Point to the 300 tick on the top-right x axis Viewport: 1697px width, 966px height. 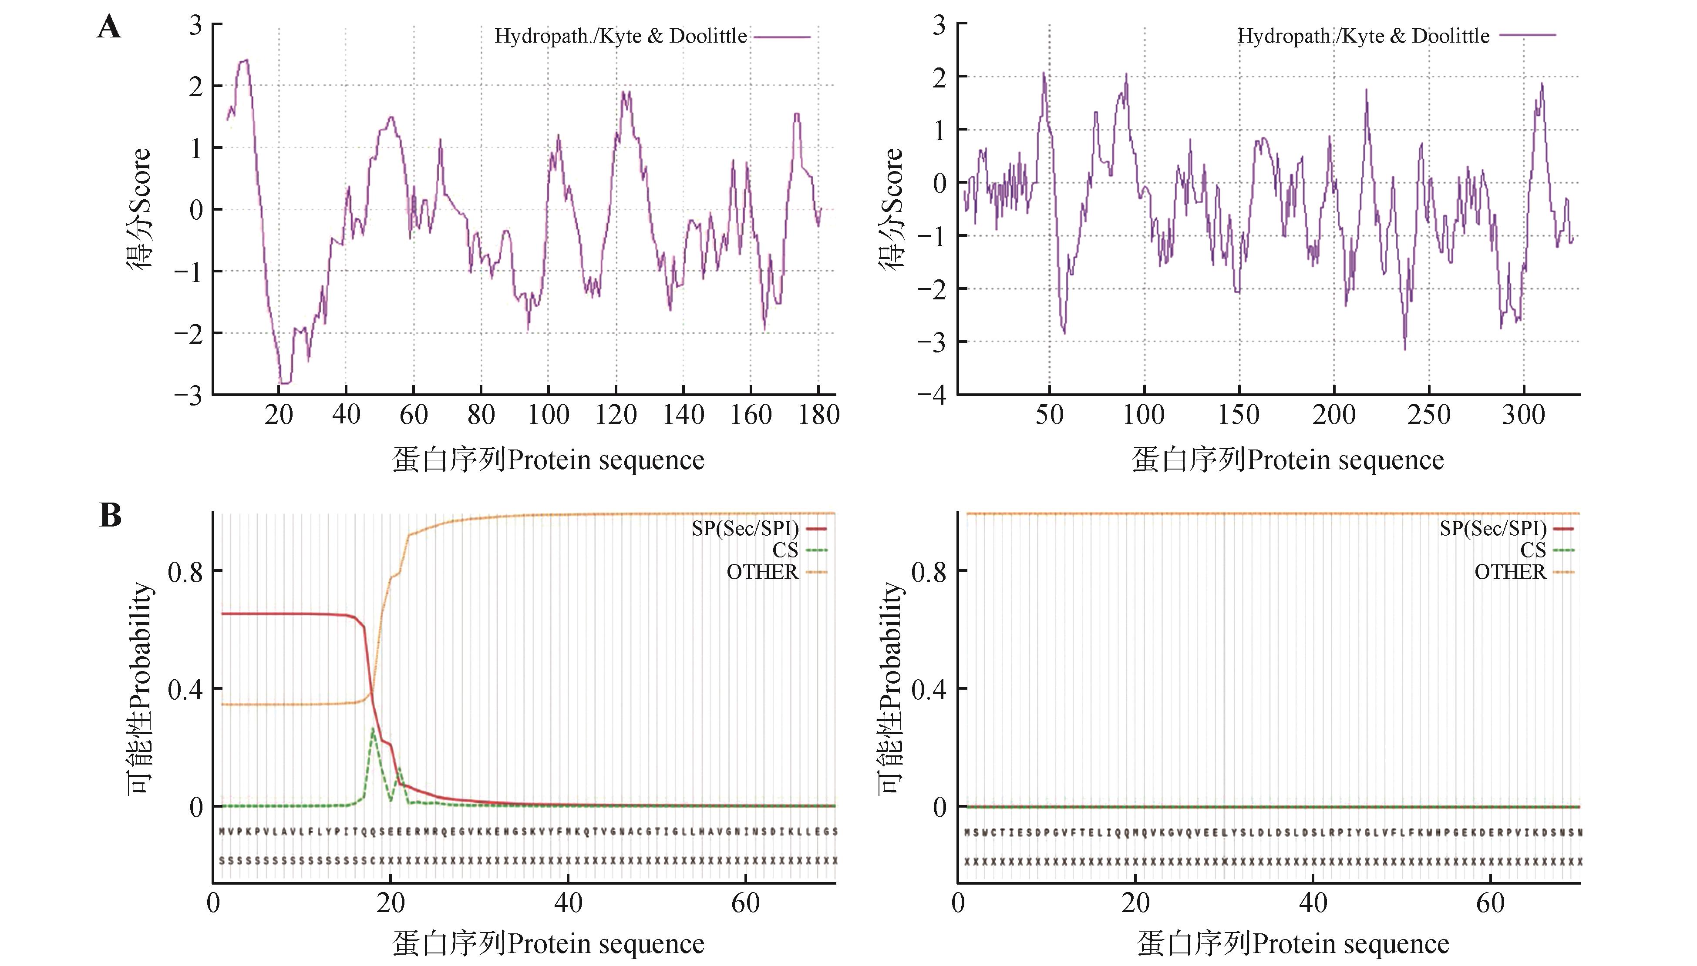1523,415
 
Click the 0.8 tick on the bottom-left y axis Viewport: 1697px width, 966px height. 186,571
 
